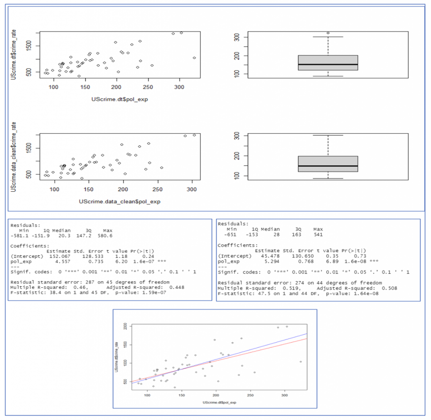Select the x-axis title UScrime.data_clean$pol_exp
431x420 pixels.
pos(120,202)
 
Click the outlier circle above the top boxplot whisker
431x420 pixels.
pos(328,33)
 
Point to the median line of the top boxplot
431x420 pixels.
pos(328,65)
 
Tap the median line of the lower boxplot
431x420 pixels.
pos(328,166)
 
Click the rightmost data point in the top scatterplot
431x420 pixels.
pos(194,58)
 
